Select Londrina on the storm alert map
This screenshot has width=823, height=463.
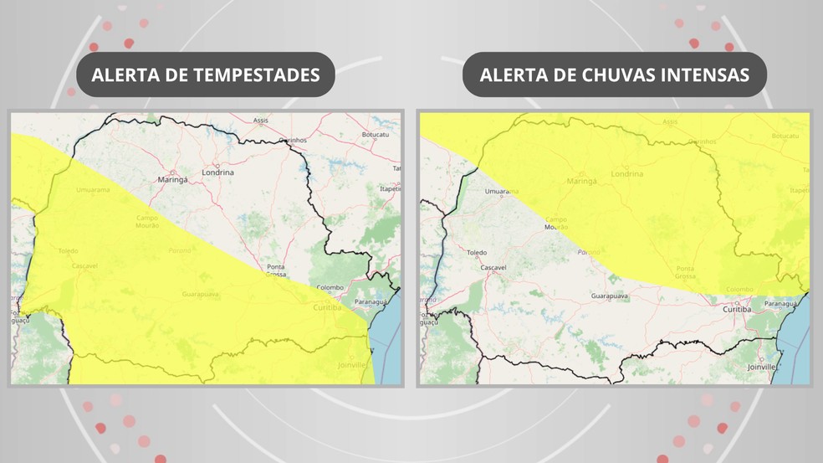[218, 172]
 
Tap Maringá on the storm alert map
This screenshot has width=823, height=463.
[172, 179]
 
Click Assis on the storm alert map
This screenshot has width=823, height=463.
[261, 121]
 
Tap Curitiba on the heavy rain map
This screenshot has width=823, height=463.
[737, 309]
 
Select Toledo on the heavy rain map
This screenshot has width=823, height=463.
[477, 252]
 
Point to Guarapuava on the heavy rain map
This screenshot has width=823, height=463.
[610, 296]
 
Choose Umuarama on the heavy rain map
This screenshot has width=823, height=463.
[502, 191]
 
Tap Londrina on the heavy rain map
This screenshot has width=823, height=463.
[627, 174]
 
